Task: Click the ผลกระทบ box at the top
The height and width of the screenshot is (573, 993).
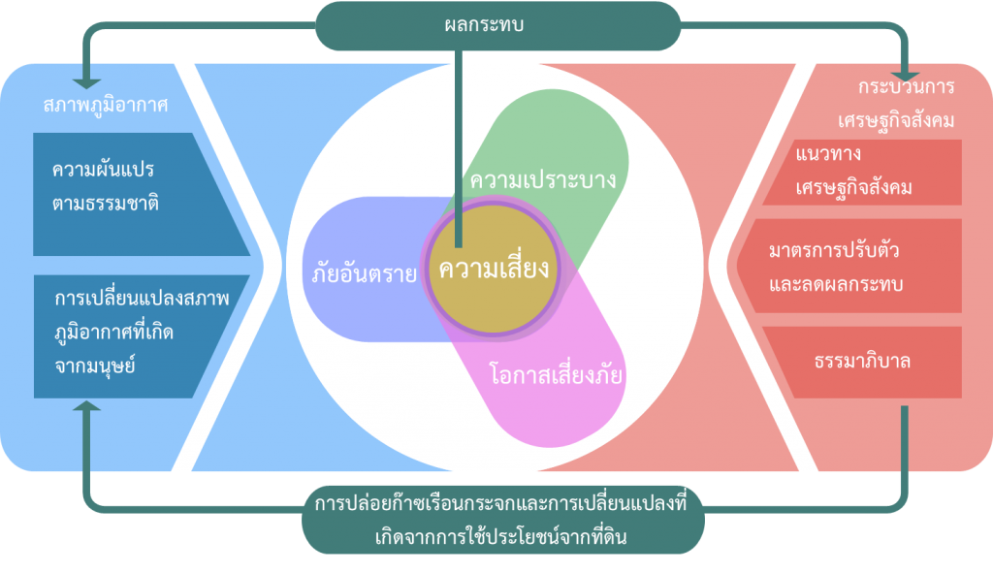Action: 497,25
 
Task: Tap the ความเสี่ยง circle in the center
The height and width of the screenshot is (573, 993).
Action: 493,269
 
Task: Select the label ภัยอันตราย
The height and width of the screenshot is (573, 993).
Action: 365,273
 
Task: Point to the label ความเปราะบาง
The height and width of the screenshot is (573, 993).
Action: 543,179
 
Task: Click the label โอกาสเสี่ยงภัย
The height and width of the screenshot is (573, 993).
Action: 556,375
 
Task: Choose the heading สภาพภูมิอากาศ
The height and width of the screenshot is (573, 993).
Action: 105,105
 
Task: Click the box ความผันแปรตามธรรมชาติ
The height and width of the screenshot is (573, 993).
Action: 141,194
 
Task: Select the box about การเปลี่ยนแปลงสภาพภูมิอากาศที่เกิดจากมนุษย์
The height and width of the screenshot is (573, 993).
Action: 141,336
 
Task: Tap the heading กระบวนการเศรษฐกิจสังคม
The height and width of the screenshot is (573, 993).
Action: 896,103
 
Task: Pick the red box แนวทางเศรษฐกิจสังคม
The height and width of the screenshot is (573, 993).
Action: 862,173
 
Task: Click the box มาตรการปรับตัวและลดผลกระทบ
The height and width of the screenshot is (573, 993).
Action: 849,266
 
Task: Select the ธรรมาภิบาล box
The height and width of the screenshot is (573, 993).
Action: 862,363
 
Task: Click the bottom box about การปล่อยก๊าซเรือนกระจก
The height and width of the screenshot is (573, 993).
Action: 503,520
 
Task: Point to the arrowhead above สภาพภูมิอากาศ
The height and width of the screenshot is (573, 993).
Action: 86,83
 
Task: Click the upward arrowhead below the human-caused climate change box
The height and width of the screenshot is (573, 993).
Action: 86,406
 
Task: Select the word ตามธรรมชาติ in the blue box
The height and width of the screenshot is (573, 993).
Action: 106,204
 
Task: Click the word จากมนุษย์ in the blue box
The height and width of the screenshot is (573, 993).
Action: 95,366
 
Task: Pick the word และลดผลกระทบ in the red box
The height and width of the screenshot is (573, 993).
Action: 836,284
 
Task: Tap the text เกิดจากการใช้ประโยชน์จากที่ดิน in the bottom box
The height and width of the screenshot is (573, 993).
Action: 501,537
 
